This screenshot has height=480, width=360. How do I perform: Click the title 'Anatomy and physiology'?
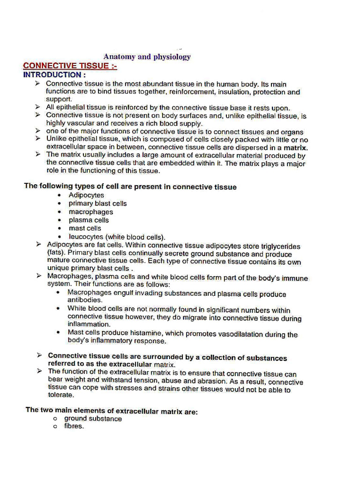[x=147, y=57]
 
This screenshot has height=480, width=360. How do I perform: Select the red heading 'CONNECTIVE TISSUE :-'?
[x=70, y=66]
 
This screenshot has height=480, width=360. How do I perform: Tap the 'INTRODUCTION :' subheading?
[x=54, y=75]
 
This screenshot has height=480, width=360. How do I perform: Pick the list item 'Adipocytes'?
[x=86, y=195]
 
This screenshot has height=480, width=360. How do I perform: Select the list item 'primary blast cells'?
[x=97, y=203]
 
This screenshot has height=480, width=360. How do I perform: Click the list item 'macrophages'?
[x=90, y=212]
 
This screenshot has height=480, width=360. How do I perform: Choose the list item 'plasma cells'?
[x=89, y=220]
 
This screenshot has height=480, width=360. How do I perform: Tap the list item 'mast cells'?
[x=85, y=228]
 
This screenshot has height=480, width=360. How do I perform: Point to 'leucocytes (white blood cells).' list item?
[x=117, y=237]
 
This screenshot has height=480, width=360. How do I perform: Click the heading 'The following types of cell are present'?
[x=130, y=186]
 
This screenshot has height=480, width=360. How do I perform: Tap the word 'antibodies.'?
[x=85, y=300]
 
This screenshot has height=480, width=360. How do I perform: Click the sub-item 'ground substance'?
[x=93, y=419]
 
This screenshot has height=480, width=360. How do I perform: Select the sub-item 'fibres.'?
[x=74, y=427]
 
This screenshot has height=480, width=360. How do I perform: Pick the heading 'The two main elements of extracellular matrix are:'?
[x=112, y=410]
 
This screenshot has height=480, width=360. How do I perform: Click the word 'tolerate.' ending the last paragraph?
[x=61, y=395]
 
